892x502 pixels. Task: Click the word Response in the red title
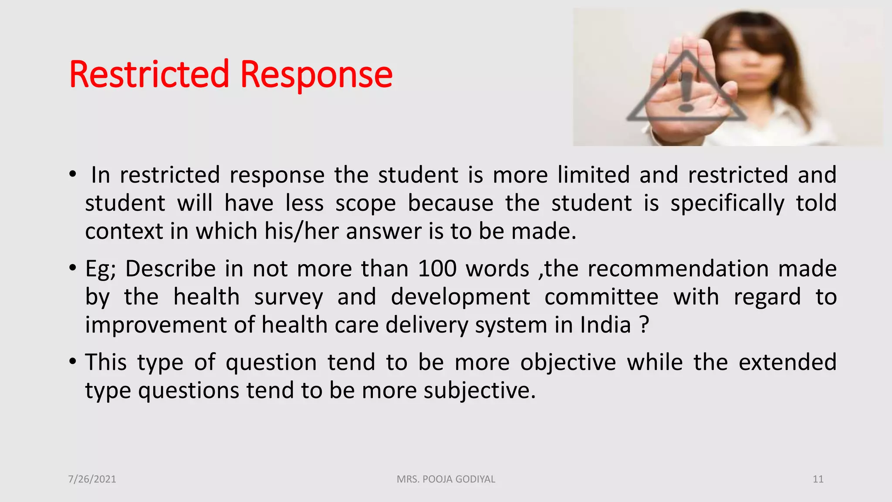(x=316, y=75)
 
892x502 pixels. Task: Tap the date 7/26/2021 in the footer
(x=92, y=479)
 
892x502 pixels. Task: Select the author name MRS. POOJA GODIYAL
(x=446, y=479)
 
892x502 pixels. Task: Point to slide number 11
(x=818, y=479)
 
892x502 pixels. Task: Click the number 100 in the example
(x=437, y=269)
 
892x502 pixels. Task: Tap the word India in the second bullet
(x=605, y=325)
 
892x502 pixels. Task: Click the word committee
(x=601, y=297)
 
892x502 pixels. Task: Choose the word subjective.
(x=479, y=390)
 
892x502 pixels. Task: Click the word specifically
(x=727, y=204)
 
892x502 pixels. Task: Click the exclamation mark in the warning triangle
(x=686, y=92)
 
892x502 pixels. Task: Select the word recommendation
(x=678, y=269)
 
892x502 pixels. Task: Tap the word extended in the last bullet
(x=787, y=363)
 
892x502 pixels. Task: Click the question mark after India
(x=645, y=325)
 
